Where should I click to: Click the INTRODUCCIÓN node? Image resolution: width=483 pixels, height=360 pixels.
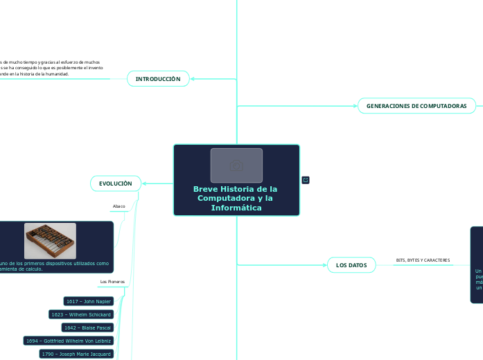tap(157, 79)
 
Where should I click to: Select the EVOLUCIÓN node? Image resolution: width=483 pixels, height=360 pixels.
tap(115, 183)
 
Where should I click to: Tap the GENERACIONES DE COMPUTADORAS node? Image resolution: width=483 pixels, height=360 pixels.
tap(416, 105)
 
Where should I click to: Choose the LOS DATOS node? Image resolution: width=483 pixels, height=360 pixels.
tap(351, 265)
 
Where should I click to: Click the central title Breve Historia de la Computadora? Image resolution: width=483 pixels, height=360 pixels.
tap(236, 199)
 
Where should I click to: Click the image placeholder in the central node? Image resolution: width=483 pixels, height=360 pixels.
tap(236, 165)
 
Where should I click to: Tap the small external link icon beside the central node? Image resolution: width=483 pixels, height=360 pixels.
tap(306, 180)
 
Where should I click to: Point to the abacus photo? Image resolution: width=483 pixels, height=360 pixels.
tap(50, 240)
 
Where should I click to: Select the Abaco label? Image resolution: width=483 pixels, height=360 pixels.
tap(118, 206)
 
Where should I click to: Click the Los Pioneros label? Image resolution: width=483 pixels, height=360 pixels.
tap(112, 282)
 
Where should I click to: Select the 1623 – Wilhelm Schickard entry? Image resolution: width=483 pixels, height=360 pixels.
tap(81, 314)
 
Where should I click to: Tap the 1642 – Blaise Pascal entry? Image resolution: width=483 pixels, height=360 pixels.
tap(87, 327)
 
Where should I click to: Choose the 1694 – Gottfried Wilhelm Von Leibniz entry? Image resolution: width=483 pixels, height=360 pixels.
tap(68, 341)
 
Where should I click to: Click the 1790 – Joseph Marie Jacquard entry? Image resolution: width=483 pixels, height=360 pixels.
tap(76, 354)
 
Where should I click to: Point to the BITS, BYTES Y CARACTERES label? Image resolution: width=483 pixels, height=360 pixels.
tap(423, 260)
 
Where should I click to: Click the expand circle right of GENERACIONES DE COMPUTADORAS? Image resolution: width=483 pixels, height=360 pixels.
tap(480, 105)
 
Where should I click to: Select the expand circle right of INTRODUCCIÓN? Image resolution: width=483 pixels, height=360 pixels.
tap(193, 79)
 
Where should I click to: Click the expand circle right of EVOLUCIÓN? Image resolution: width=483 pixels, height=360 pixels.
tap(145, 183)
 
